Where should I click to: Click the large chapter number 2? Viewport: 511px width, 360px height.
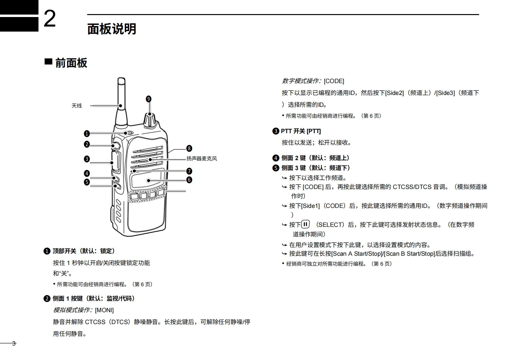(x=49, y=19)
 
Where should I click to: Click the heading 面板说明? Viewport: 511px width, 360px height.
(x=112, y=29)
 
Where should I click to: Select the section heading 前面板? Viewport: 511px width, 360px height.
(x=71, y=63)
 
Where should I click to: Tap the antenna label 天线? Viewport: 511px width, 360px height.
(x=77, y=106)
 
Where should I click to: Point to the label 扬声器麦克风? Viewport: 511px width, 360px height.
(x=202, y=159)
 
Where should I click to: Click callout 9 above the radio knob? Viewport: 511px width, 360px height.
(x=148, y=99)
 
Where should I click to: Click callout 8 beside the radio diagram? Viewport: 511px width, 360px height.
(x=189, y=148)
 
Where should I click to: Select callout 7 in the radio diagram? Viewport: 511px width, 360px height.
(x=189, y=171)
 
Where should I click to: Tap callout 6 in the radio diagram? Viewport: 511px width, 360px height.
(x=189, y=180)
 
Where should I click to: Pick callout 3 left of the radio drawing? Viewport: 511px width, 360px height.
(x=87, y=159)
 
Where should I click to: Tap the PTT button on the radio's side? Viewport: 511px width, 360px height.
(x=115, y=162)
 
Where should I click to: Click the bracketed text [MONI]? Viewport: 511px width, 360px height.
(x=104, y=310)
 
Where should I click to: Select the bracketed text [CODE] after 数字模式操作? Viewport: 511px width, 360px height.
(x=334, y=81)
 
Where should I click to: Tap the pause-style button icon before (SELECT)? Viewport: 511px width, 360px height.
(x=305, y=224)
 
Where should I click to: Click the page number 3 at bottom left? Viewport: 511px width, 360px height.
(x=14, y=344)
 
